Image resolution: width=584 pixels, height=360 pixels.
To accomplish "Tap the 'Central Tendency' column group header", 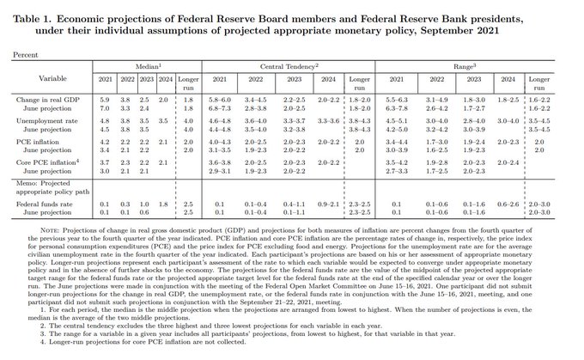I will pos(289,64).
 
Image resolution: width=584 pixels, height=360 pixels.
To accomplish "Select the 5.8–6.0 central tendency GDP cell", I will pos(221,101).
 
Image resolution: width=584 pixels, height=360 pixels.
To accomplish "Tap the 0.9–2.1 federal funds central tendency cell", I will pos(329,204).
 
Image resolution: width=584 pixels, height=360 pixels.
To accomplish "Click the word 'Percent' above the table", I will pos(23,53).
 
